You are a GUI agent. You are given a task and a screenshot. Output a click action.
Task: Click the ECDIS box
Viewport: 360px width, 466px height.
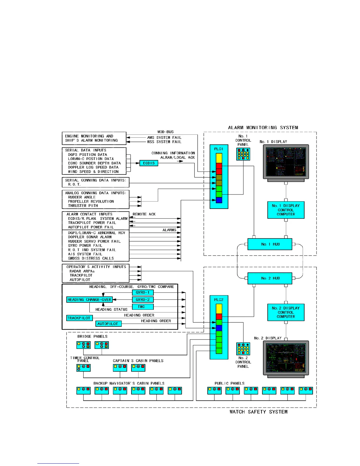pos(149,163)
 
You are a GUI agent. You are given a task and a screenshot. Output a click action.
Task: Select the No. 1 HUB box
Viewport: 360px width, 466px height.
pos(270,244)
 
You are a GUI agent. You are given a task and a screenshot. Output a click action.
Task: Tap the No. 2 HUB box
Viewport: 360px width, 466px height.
pos(270,278)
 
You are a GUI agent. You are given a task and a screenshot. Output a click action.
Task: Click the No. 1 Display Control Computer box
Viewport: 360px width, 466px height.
pos(286,210)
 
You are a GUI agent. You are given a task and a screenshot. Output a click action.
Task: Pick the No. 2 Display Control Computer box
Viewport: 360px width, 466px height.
pos(286,312)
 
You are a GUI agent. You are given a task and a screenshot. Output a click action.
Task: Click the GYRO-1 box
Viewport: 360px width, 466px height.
pos(143,292)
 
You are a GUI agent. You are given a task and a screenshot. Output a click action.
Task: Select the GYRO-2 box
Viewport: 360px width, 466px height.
pos(143,299)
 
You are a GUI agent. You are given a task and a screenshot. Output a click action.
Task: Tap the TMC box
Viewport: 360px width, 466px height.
pos(143,307)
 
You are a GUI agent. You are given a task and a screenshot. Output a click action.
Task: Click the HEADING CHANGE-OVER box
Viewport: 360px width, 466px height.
pos(89,299)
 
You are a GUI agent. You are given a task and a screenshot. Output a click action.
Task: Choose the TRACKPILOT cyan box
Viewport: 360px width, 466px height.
pos(79,318)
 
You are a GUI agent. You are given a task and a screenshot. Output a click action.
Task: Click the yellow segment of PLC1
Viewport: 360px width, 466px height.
pos(219,158)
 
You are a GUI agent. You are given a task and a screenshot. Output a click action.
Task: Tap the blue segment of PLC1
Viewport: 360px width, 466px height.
pos(219,200)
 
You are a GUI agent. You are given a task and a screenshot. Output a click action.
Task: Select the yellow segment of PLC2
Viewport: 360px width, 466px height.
pos(219,309)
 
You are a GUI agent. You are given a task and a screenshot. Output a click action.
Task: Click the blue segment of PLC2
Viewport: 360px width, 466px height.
pos(219,328)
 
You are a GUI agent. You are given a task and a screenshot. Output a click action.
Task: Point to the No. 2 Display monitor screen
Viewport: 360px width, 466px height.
pos(286,357)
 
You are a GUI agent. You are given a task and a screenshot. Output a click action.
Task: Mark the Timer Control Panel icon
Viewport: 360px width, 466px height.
pos(84,367)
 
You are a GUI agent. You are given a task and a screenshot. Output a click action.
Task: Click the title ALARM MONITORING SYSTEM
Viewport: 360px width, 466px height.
pos(263,128)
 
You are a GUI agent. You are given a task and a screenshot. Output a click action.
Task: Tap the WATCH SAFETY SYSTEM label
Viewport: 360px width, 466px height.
pos(259,412)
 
